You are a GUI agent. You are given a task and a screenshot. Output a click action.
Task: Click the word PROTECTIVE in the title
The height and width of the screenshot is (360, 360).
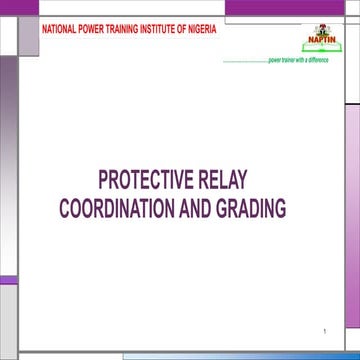click(141, 182)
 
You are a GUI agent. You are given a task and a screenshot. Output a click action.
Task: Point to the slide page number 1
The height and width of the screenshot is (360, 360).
click(325, 329)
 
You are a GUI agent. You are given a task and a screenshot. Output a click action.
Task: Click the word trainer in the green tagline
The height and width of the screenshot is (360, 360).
click(292, 60)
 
